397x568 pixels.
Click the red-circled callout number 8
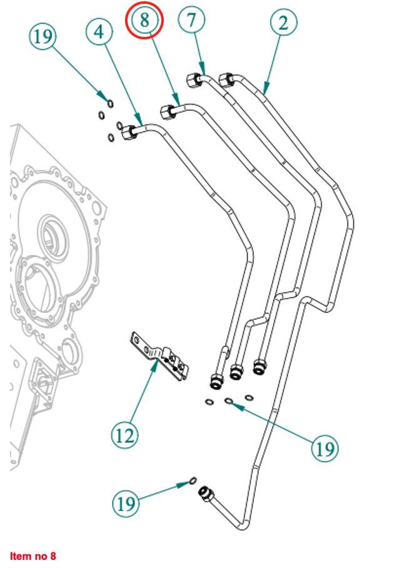click(145, 20)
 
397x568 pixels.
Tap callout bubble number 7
click(191, 20)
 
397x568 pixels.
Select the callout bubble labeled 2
click(284, 24)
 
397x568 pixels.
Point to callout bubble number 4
click(100, 31)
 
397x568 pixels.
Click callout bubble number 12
click(125, 434)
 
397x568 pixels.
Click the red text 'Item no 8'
click(33, 555)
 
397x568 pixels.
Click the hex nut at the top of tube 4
click(129, 132)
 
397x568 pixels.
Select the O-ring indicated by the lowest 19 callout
click(193, 481)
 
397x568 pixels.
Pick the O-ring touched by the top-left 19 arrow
click(109, 103)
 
